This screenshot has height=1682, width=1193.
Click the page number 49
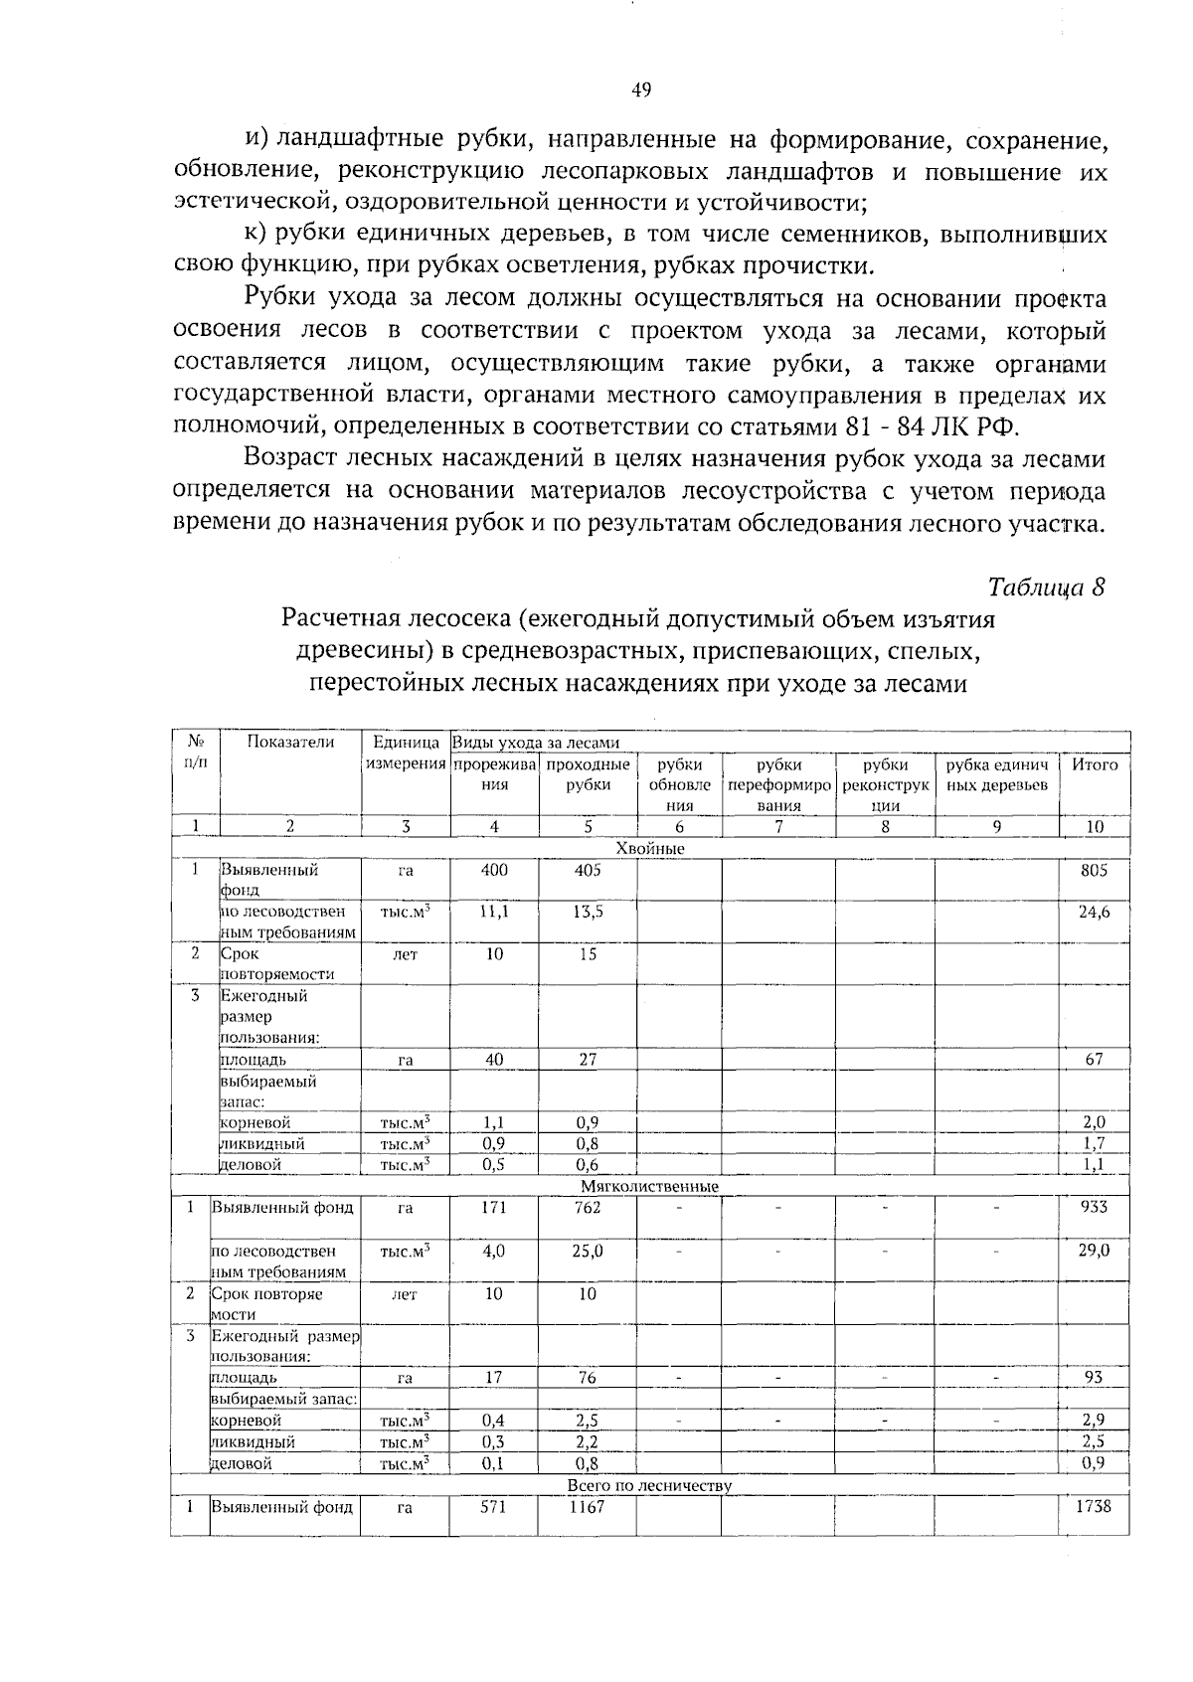641,90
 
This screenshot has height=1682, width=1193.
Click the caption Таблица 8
1046,586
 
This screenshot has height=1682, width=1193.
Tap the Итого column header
1094,764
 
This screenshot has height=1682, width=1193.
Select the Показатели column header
290,742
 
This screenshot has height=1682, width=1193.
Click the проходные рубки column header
588,774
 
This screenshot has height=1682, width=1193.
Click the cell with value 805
1094,870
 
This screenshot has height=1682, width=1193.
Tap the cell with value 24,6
1094,912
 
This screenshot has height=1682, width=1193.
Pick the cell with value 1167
588,1507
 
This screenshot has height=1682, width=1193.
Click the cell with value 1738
1094,1507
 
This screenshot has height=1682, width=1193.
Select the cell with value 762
588,1208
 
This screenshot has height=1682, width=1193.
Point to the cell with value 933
1094,1208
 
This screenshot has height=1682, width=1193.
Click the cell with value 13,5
588,912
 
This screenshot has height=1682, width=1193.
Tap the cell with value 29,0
1094,1251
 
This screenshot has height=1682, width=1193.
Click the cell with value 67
1094,1060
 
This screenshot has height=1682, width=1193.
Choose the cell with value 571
494,1507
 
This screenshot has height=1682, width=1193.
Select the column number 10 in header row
1094,826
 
